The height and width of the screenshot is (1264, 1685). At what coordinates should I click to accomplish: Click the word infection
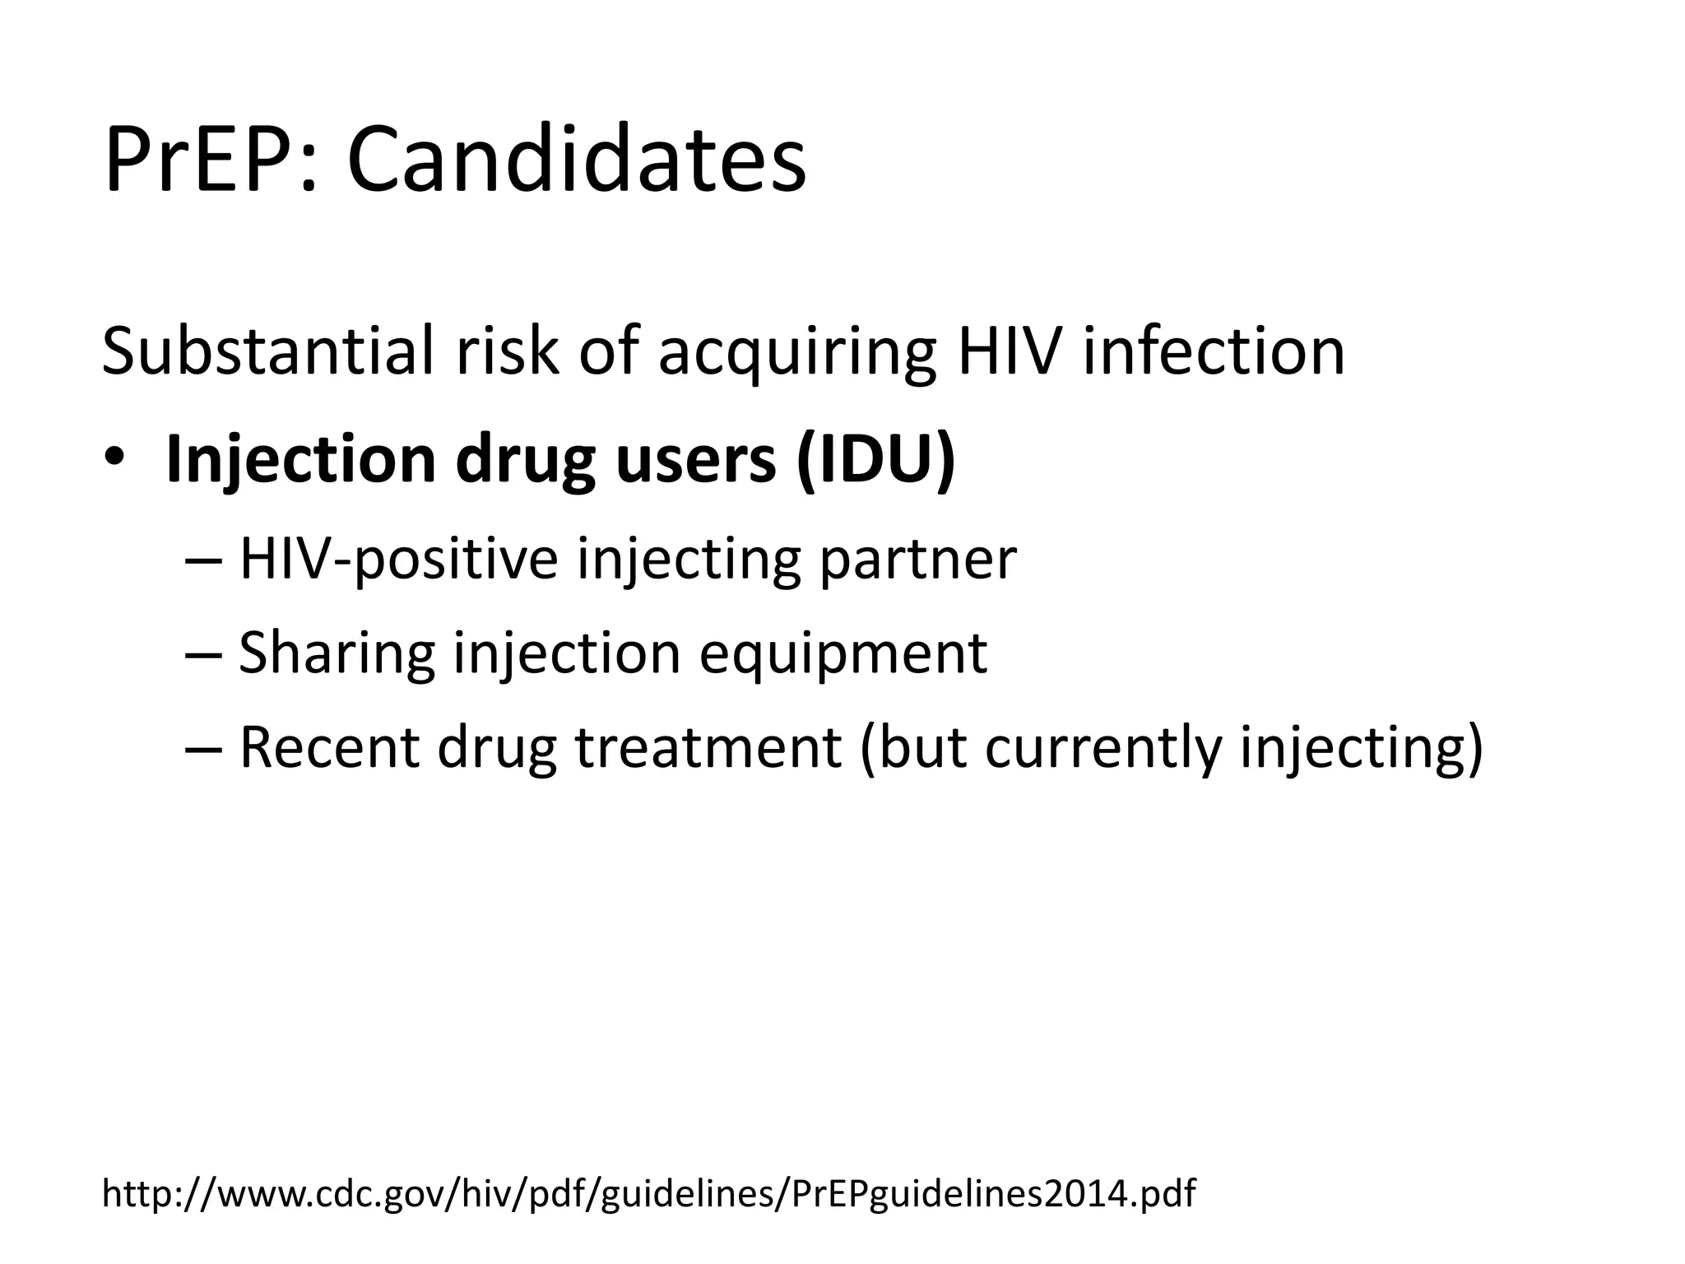point(1214,351)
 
